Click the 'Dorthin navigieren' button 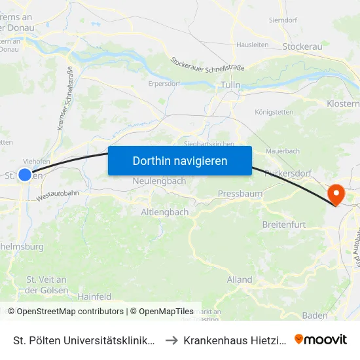[179, 160]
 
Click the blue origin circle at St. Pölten [25, 175]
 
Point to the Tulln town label [230, 85]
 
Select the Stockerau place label [303, 46]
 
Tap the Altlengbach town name [165, 212]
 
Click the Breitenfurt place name [283, 224]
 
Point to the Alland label [240, 279]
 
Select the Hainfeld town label [95, 297]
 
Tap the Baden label [315, 315]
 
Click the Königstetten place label [274, 112]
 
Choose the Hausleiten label [253, 45]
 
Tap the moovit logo [321, 340]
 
